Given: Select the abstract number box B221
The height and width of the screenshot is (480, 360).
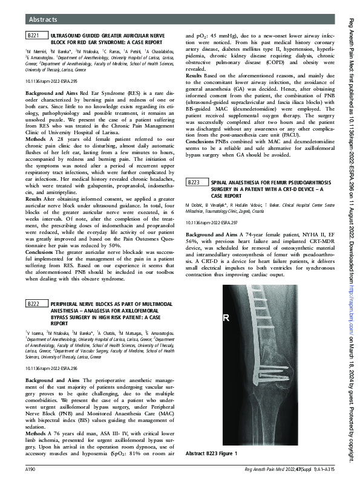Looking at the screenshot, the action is pos(34,37).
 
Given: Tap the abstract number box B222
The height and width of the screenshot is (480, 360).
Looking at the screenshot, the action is pos(34,304).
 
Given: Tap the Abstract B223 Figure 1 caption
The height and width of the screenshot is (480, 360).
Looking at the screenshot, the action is pos(211,453).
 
